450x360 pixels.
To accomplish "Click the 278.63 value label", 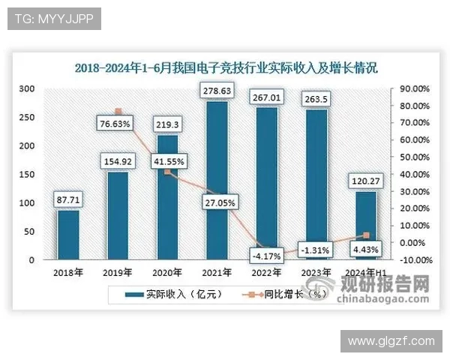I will click(x=217, y=91).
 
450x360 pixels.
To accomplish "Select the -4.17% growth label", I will click(x=266, y=256).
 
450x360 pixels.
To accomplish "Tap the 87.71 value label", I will click(x=68, y=200).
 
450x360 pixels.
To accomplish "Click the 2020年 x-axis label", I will click(x=167, y=271).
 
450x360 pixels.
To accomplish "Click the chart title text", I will click(x=226, y=67).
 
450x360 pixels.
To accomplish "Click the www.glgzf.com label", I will click(x=391, y=340).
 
